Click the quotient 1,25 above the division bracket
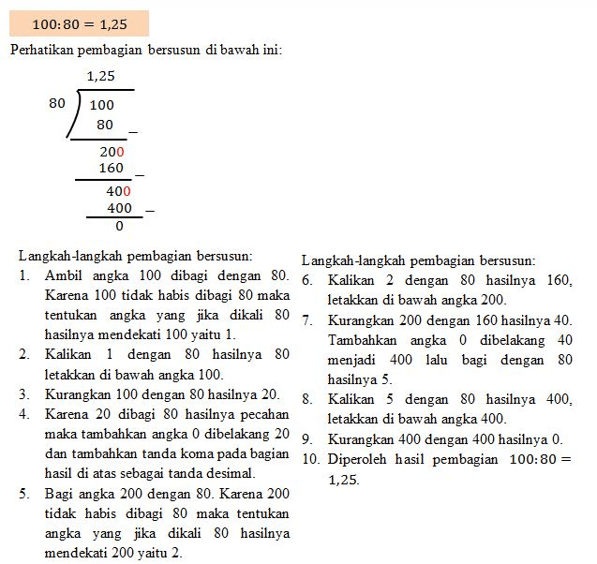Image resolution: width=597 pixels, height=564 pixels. pos(100,77)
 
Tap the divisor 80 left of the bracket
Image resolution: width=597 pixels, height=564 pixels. pos(57,104)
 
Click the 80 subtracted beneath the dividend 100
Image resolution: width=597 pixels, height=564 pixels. pos(105,125)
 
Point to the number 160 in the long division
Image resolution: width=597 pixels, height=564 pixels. pos(111,169)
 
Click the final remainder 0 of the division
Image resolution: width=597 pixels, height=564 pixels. pos(119,226)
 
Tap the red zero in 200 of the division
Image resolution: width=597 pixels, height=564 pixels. pos(120,151)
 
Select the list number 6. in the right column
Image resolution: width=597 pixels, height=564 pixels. pos(307,280)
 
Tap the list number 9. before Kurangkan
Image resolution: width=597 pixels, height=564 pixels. pos(307,438)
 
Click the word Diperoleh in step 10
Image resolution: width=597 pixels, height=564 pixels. pos(359,459)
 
